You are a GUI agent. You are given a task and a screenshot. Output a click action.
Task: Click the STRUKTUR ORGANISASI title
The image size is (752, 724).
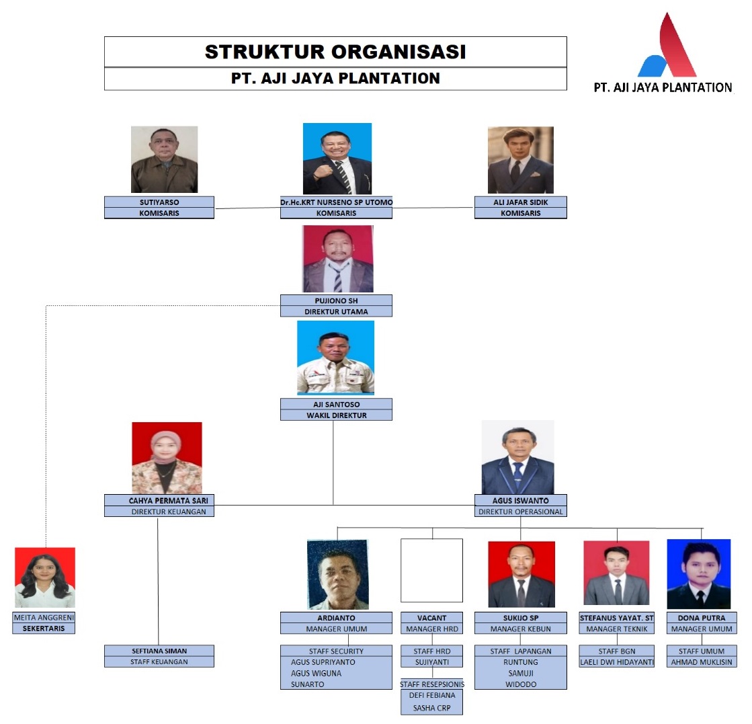point(335,52)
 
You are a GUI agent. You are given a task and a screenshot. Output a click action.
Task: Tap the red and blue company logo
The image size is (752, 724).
point(667,46)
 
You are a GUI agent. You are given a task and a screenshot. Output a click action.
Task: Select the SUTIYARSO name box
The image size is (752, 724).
point(159,202)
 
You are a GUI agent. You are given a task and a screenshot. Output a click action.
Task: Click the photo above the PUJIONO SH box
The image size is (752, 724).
point(337,259)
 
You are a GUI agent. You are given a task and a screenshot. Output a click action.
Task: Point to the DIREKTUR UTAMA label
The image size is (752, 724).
point(336,311)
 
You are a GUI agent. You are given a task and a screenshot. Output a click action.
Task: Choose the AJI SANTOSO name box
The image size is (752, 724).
point(336,404)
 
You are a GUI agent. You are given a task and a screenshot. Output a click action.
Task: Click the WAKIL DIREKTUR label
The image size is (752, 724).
point(336,415)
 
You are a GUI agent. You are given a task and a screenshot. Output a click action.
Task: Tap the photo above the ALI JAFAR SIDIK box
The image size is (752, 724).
point(521,160)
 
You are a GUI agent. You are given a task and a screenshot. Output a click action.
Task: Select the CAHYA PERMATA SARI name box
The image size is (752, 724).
point(159,500)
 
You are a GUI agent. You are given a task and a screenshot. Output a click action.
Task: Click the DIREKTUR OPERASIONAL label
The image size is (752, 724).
point(521,512)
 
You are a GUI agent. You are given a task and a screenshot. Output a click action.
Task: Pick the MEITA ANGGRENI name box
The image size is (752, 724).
point(44,618)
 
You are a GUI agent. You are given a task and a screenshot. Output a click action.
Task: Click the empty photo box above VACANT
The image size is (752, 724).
point(431,570)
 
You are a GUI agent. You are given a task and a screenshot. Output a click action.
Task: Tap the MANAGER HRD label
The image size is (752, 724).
point(432,629)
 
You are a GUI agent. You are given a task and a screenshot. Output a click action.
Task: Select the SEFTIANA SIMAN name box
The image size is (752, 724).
point(159,651)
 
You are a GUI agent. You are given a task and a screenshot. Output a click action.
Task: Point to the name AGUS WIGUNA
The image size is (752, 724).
point(316,673)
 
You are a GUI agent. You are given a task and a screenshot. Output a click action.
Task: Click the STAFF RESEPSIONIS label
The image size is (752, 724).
point(432,684)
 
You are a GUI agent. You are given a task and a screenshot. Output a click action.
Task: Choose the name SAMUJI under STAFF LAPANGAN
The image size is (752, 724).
point(521,673)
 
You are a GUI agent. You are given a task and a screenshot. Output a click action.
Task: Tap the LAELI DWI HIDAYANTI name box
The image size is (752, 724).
point(617,662)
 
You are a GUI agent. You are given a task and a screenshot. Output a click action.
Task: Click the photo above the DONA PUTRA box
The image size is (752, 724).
point(699,574)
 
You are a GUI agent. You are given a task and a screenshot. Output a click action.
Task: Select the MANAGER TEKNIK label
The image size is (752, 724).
point(617,629)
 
